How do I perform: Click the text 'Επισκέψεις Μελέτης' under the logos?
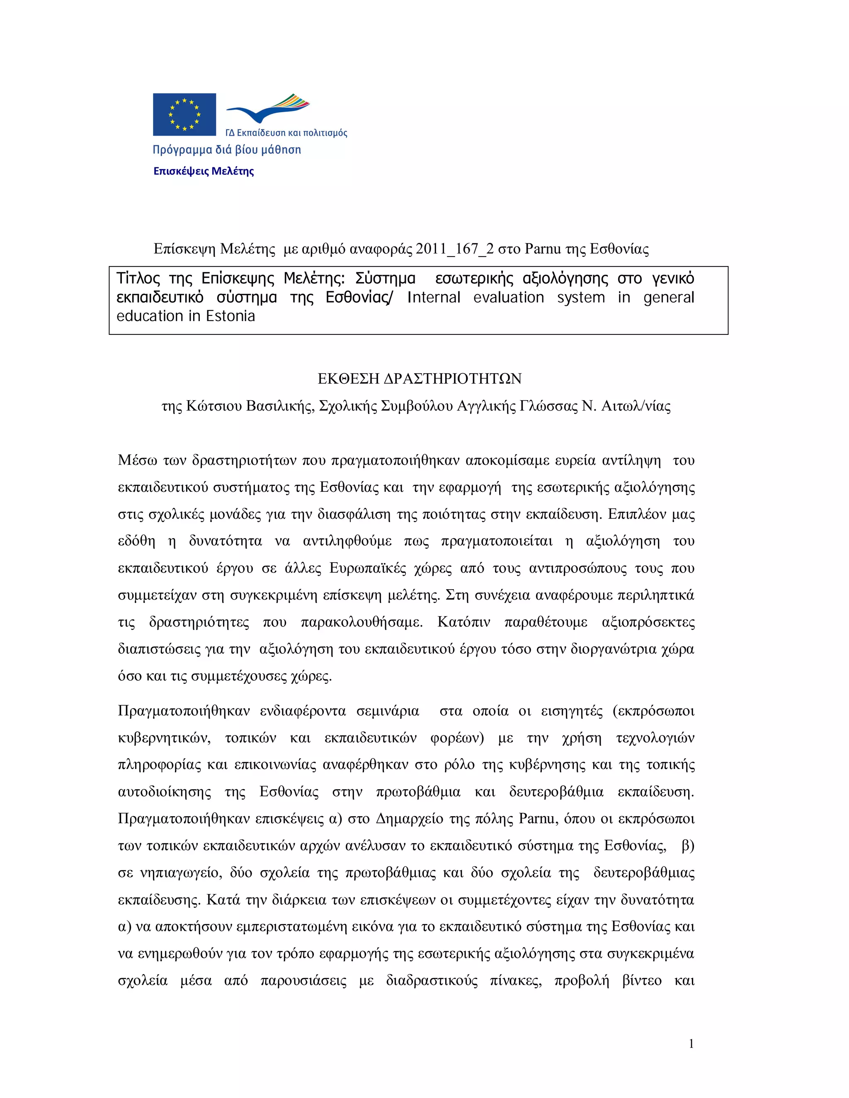[x=203, y=171]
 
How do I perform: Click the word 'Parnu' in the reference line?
[x=542, y=249]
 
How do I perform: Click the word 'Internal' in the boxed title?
[x=434, y=297]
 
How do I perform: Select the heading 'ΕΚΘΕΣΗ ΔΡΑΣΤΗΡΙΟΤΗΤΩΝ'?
[x=420, y=379]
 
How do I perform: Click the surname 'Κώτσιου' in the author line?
[x=213, y=406]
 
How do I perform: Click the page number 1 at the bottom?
[x=691, y=1044]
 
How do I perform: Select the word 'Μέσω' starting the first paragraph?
[x=137, y=460]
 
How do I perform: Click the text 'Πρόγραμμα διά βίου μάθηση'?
[x=227, y=150]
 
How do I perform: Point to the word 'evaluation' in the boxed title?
[x=509, y=297]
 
